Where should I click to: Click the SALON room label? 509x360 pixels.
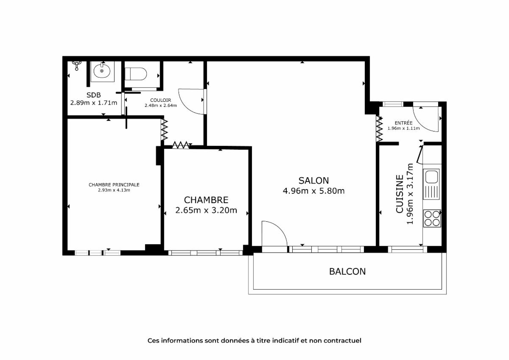[313, 181]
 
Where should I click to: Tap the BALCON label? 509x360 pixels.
[347, 271]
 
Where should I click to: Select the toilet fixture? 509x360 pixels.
[136, 74]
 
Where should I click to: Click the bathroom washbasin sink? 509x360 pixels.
[102, 71]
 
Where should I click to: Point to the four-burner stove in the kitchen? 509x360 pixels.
[432, 218]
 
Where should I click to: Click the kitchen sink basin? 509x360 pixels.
[431, 177]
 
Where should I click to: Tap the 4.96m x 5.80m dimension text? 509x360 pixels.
[313, 191]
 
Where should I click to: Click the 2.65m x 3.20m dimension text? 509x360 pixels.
[206, 210]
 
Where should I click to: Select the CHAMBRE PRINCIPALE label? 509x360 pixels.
[114, 185]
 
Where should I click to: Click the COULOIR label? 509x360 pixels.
[161, 100]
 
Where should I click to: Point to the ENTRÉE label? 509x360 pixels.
[403, 123]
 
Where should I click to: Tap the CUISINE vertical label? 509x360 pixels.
[400, 194]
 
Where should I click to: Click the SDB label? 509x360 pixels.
[94, 95]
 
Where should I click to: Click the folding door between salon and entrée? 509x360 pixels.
[380, 129]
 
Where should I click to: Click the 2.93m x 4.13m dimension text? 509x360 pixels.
[114, 190]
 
